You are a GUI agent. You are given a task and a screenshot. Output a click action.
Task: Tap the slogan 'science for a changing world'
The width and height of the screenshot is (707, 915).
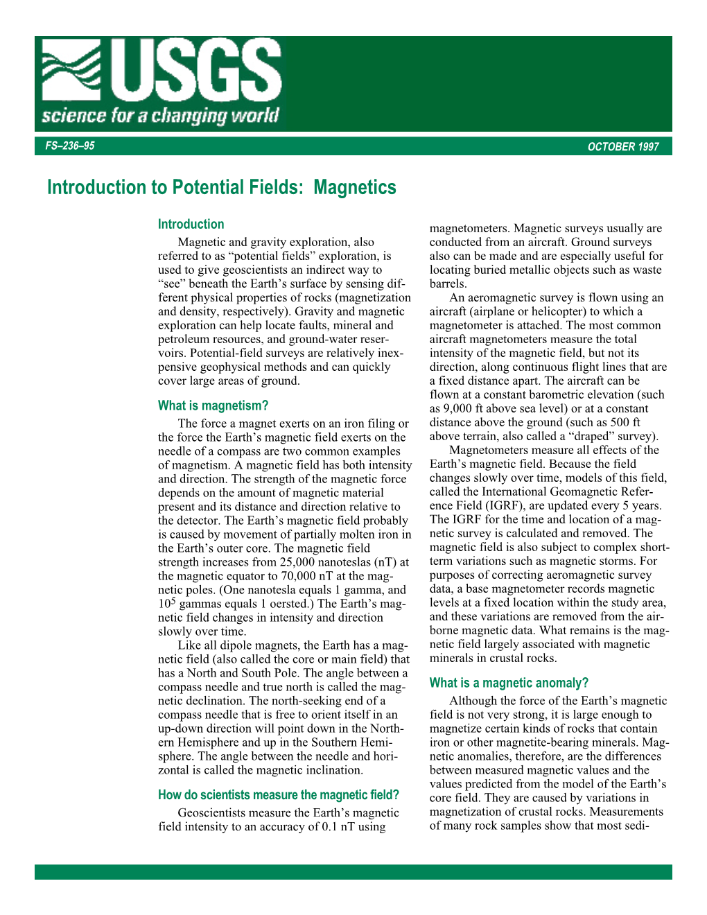[x=160, y=115]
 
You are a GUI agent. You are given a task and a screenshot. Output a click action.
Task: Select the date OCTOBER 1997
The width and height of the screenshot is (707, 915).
[x=622, y=146]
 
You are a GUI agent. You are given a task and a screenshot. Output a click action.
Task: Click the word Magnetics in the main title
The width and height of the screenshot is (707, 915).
[x=355, y=187]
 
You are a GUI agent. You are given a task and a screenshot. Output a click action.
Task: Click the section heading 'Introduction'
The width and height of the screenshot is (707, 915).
[x=191, y=224]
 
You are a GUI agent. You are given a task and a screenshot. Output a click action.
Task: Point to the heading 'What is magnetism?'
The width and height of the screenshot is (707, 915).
[x=213, y=406]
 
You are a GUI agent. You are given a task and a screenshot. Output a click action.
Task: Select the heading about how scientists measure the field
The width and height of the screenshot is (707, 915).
[x=279, y=795]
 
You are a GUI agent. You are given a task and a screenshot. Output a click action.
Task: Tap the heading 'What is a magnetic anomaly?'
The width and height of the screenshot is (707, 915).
[x=509, y=683]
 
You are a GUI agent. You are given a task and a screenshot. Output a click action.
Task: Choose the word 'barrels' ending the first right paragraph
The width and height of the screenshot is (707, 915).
[x=448, y=284]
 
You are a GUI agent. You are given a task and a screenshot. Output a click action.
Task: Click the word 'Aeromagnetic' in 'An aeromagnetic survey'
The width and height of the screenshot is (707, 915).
[x=505, y=297]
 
